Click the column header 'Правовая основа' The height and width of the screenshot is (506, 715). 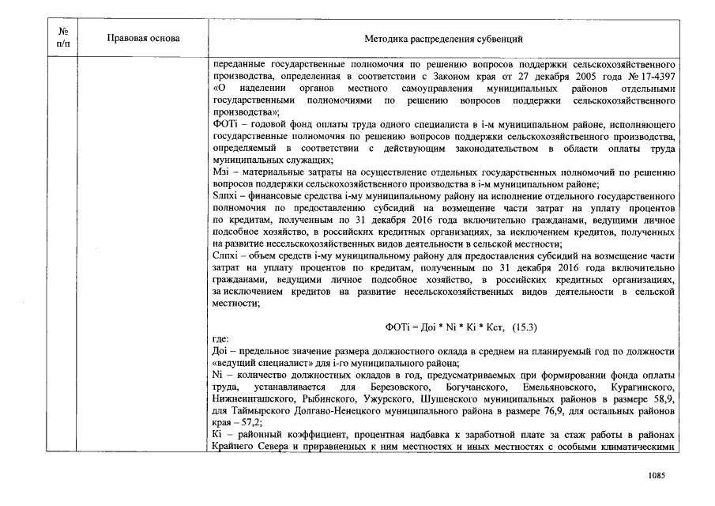143,38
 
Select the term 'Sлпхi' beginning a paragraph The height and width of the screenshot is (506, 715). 224,194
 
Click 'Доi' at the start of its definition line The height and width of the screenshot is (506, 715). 221,350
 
